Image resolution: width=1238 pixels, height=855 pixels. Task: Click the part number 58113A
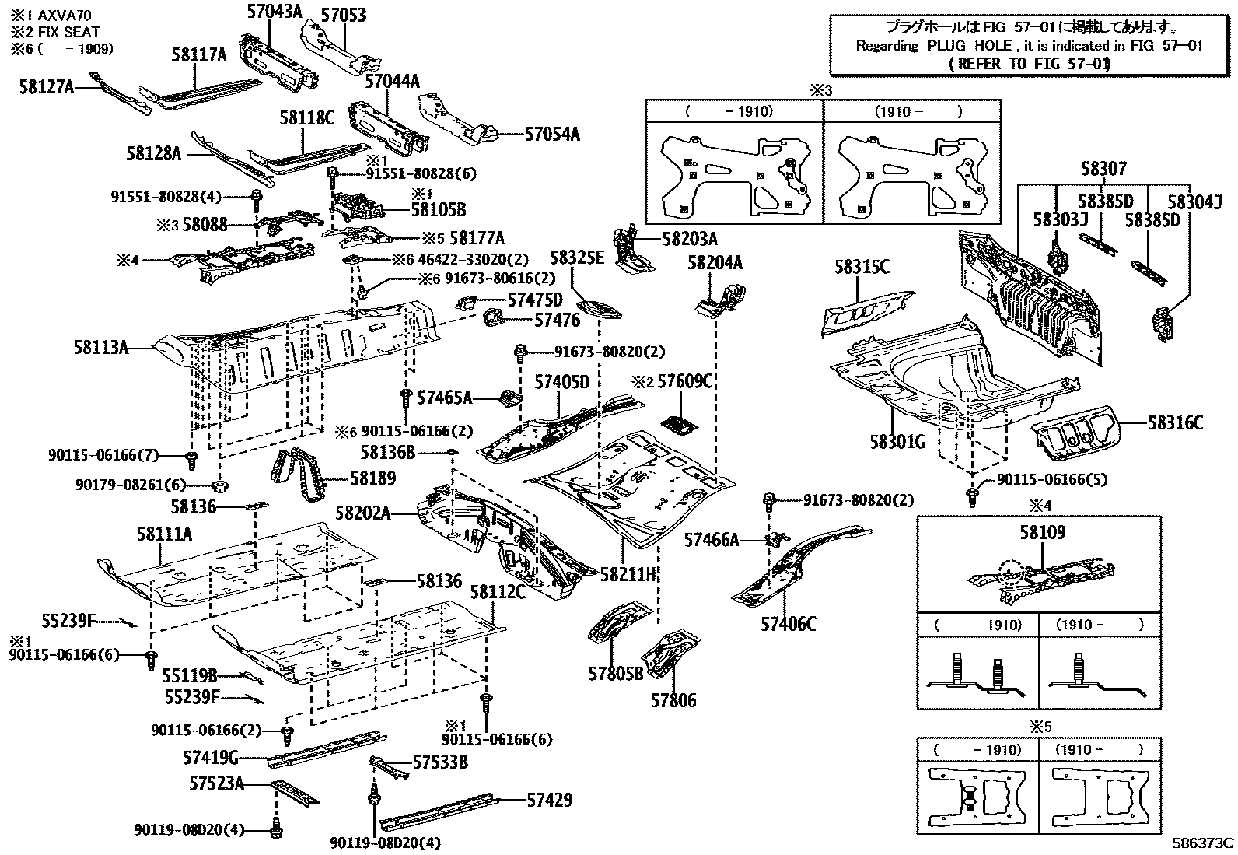[100, 347]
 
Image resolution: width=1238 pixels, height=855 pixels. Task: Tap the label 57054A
[552, 135]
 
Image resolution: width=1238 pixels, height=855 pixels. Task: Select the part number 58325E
[577, 258]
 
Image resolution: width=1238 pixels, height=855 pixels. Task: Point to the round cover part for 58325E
[599, 310]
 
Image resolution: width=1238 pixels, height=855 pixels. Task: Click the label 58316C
[1176, 422]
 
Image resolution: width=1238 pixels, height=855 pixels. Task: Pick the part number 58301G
[897, 442]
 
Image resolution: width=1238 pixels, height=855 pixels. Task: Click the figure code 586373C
[1203, 843]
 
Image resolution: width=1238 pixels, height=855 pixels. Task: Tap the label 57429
[549, 800]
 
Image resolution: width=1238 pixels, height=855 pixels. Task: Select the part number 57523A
[216, 783]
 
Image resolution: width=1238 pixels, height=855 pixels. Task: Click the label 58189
[373, 478]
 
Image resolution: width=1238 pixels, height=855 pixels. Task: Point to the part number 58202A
[363, 513]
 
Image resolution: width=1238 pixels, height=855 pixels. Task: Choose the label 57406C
[788, 624]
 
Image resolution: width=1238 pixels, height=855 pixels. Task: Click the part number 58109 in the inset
[1042, 532]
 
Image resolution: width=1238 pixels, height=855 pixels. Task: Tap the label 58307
[1103, 168]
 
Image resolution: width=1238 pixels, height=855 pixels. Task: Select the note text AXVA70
[64, 16]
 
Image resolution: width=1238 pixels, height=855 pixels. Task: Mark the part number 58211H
[628, 575]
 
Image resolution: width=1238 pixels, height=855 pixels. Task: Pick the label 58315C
[862, 267]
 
